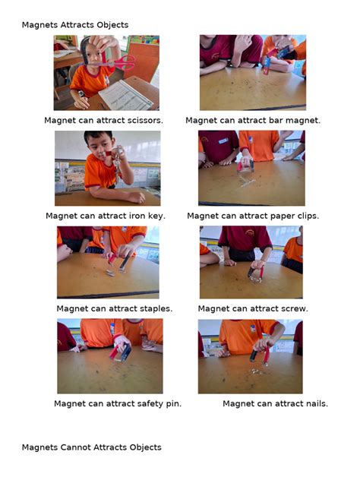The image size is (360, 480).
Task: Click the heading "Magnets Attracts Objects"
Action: tap(74, 25)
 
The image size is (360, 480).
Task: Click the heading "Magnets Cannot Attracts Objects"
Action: tap(91, 447)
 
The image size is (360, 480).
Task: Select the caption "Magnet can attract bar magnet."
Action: tap(253, 120)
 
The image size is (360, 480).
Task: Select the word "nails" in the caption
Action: tap(313, 403)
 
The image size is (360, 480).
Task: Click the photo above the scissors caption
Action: tap(106, 73)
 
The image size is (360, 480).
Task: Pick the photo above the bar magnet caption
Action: tap(252, 73)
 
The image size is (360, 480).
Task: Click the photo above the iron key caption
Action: tap(107, 168)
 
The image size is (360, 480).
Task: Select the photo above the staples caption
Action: tap(107, 262)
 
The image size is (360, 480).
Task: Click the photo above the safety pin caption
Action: tap(109, 356)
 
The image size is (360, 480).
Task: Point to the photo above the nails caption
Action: tap(250, 356)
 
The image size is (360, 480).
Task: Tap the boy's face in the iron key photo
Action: tap(98, 147)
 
